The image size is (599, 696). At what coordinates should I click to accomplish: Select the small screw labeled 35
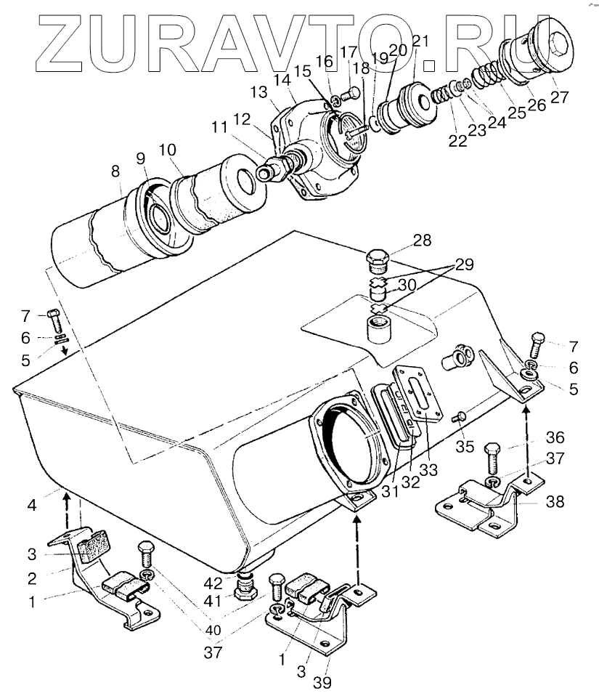tap(459, 417)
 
